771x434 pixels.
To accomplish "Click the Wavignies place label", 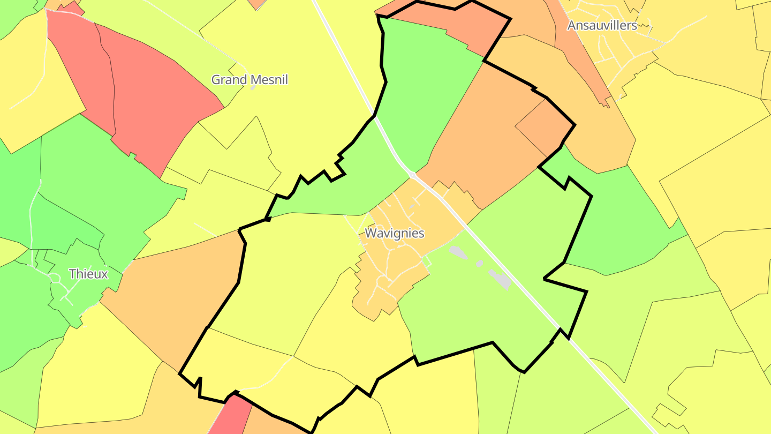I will click(395, 233).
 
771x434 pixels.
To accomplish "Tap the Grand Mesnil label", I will click(250, 80).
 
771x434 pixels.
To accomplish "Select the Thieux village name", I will click(88, 274).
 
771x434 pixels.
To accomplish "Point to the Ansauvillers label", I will click(602, 25).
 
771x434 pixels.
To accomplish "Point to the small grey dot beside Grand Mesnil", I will click(253, 88).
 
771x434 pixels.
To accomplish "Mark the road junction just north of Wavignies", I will click(413, 175).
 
